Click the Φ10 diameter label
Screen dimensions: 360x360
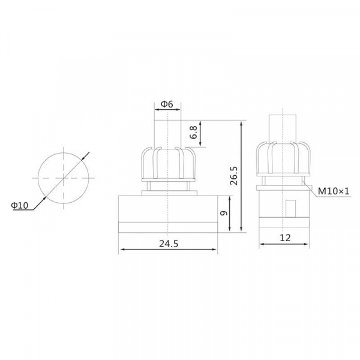[x=20, y=205]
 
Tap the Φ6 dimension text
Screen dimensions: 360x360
[x=167, y=104]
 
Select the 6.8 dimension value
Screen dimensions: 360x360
[x=194, y=132]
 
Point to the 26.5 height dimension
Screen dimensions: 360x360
[x=234, y=176]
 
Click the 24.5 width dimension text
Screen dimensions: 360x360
[x=169, y=244]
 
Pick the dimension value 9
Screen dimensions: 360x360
[x=223, y=213]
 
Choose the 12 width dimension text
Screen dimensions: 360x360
[x=285, y=238]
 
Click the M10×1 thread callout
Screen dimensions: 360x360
[x=334, y=191]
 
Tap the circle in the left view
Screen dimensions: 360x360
[x=38, y=178]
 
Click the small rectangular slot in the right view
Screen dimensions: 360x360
[x=290, y=208]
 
